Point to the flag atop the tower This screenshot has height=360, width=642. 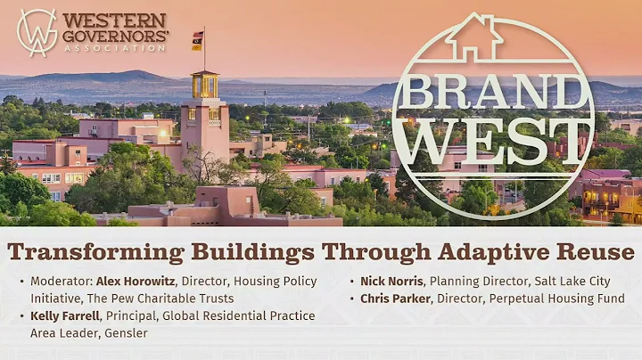197,39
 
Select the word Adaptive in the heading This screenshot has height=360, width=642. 456,251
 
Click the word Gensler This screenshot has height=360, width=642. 126,332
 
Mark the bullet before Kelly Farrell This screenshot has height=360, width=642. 21,316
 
